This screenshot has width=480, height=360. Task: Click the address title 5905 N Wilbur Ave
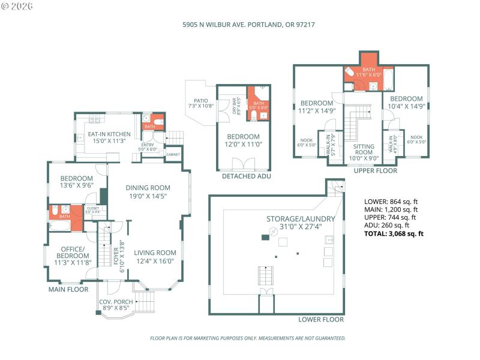coord(249,25)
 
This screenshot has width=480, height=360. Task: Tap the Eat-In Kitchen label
coord(109,134)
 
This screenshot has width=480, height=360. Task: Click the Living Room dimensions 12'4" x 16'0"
coord(155,261)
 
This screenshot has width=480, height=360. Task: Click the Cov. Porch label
coord(116,302)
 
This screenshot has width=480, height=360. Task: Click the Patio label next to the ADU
coord(200,101)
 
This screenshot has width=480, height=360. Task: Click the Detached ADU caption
coord(247,176)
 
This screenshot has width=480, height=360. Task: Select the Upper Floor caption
coord(376,171)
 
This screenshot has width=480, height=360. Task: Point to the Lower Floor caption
coord(321,320)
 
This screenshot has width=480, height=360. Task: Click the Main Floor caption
coord(68,290)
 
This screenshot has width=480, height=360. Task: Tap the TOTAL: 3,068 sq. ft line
coord(394,233)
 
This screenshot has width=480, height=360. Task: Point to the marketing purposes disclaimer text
coord(247,338)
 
